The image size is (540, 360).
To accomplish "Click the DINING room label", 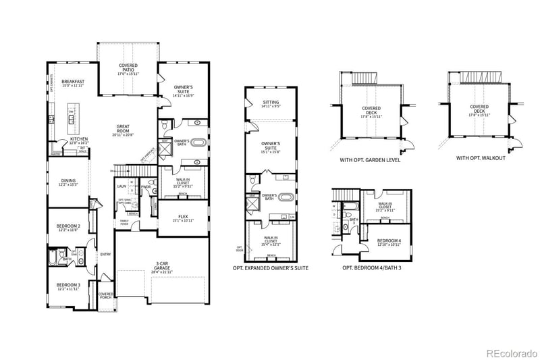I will click(68, 181).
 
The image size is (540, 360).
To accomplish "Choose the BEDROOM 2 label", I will click(68, 226).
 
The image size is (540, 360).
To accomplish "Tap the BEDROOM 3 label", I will click(68, 284).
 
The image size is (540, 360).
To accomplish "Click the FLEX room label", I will click(184, 216).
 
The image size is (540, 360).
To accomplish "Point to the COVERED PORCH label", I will click(106, 296).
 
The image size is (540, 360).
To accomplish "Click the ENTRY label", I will click(105, 254).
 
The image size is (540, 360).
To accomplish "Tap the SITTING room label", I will click(270, 103).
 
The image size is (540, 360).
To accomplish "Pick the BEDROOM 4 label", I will click(388, 241).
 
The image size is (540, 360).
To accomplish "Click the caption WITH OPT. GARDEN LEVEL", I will click(371, 160).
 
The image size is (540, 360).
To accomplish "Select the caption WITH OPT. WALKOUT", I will click(480, 158).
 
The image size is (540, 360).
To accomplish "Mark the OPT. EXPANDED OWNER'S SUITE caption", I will click(270, 268).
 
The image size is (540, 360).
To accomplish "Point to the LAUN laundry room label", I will click(122, 186).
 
